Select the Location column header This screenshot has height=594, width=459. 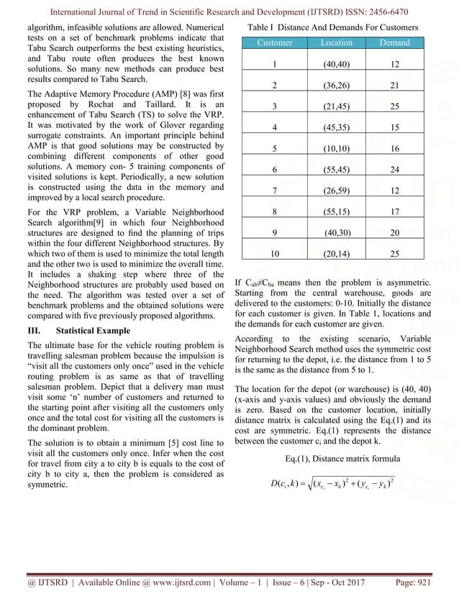tap(336, 43)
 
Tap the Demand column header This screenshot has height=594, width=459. tap(395, 43)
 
